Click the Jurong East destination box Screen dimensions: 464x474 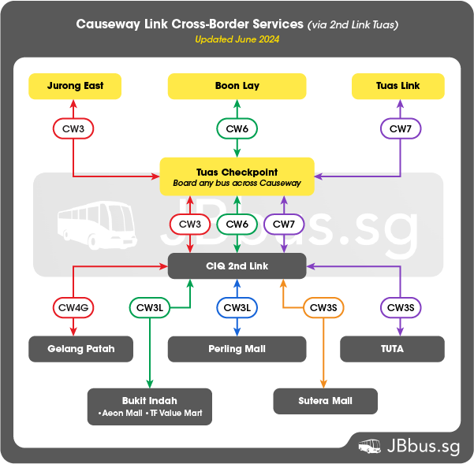[x=75, y=86]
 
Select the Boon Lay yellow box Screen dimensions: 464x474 [x=237, y=86]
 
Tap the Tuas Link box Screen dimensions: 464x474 [x=398, y=86]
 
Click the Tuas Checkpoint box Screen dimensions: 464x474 [x=237, y=176]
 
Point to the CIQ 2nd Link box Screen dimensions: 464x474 [x=237, y=266]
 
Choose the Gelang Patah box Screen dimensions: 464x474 [x=80, y=348]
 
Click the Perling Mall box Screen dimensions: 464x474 [x=237, y=348]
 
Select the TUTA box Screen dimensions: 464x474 [x=392, y=348]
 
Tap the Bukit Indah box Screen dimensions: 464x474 [x=150, y=406]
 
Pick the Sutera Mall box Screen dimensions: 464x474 [x=325, y=401]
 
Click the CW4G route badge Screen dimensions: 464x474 [x=73, y=307]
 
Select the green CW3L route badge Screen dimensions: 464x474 [x=151, y=307]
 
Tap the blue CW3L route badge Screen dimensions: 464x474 [x=237, y=307]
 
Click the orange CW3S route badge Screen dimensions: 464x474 [x=323, y=307]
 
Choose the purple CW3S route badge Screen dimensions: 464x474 [x=401, y=307]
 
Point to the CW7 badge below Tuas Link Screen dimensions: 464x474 [x=401, y=128]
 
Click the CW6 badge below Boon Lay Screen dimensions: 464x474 [x=237, y=128]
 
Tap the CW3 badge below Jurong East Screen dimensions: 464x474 [x=73, y=128]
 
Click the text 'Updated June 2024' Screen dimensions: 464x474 [x=237, y=39]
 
